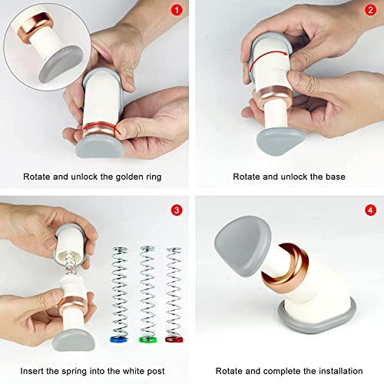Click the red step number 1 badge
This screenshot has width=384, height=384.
pos(177,11)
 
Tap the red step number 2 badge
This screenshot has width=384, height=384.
pos(370,11)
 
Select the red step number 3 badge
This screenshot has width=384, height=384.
pos(177,210)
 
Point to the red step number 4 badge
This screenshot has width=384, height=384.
pos(370,210)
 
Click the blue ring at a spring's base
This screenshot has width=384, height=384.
pos(119,339)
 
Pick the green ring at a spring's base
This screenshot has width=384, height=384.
pos(147,339)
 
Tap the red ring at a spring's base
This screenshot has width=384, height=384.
pos(174,339)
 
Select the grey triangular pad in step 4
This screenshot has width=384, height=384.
pos(242,246)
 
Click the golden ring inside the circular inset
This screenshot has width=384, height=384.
pos(36,25)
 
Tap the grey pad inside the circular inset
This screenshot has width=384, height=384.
pos(61,64)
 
